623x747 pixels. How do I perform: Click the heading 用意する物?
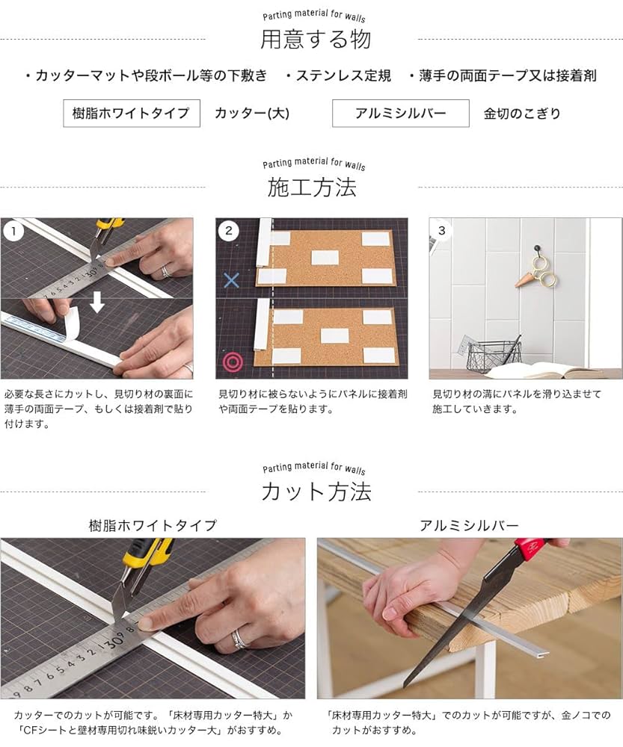point(315,39)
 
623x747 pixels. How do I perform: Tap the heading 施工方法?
point(311,187)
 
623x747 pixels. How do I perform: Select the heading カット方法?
point(316,492)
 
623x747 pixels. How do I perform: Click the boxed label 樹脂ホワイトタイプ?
point(132,114)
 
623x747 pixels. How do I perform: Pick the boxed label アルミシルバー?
point(400,114)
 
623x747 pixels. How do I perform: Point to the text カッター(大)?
point(252,114)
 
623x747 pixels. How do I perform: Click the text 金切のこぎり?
point(522,114)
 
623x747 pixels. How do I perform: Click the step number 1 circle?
point(13,231)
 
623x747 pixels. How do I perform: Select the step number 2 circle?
point(228,231)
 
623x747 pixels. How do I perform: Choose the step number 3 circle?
point(442,231)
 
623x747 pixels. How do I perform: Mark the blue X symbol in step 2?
point(232,280)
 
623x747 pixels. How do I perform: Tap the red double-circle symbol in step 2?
point(233,362)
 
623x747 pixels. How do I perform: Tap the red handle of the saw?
point(532,549)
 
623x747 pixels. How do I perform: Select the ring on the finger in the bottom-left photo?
point(239,638)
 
